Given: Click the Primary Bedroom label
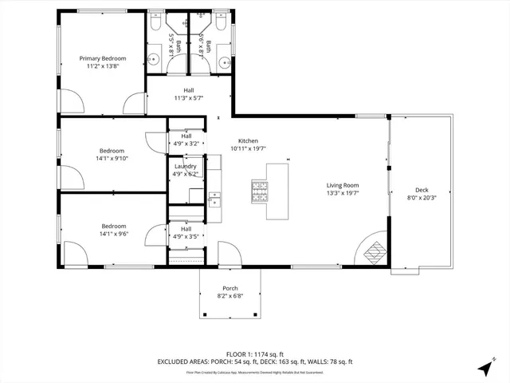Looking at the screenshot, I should (x=102, y=59).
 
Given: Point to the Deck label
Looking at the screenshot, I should (x=422, y=190).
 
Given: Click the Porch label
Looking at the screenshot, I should (x=230, y=289).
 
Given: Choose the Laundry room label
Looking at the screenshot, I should (x=186, y=166).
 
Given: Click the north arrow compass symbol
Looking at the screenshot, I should (x=484, y=368).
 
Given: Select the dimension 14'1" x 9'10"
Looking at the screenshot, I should (x=112, y=158).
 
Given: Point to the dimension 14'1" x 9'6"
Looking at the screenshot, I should (x=112, y=234).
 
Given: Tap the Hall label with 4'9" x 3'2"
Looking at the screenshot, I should (x=186, y=144).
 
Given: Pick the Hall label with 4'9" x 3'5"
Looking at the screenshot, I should (x=186, y=237).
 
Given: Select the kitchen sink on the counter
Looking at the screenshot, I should (x=214, y=198).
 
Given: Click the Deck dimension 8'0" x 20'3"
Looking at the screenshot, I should (x=422, y=197).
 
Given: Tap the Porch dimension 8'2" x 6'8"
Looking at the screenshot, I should (x=230, y=296).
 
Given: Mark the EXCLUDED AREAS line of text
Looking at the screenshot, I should (x=254, y=361).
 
